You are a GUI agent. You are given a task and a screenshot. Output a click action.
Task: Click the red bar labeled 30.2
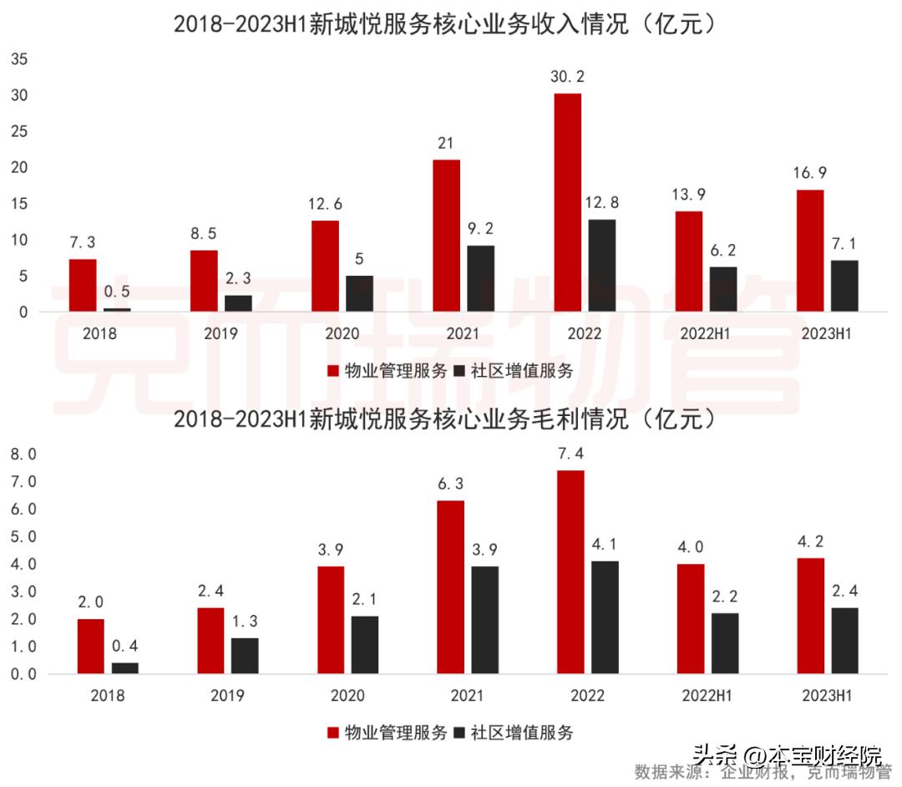568,202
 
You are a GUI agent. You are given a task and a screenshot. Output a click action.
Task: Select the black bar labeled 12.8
602,266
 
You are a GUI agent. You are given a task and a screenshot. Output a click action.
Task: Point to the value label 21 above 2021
445,143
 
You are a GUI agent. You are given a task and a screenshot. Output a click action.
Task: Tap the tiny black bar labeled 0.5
117,309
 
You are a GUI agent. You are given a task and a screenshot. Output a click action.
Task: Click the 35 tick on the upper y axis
20,59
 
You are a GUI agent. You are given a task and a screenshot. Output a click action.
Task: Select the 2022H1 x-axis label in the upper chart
707,334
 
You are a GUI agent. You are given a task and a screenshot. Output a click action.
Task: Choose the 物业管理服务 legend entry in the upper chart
388,371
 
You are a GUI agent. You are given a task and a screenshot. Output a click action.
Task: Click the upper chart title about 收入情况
445,25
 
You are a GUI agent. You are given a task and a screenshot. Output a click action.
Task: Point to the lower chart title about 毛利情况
445,419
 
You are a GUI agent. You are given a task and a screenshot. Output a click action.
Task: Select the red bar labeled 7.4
571,571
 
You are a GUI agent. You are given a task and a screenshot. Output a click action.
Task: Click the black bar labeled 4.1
606,617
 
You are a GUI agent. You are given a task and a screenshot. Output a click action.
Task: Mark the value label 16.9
810,173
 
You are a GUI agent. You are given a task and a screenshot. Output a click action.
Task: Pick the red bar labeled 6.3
451,586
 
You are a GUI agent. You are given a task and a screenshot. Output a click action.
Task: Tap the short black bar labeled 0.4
124,668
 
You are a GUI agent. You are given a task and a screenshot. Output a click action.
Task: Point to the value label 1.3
245,621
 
